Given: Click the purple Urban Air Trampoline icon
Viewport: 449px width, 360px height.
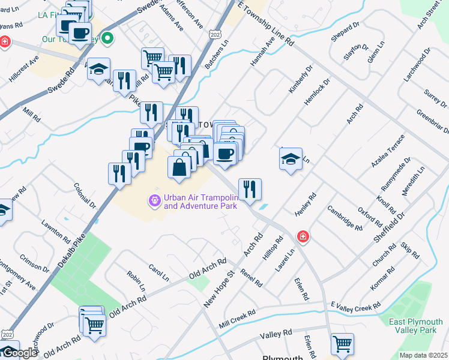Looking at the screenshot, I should [155, 200].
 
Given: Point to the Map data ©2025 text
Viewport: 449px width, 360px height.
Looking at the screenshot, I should [423, 355].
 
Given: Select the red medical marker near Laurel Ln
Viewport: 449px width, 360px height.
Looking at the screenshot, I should [303, 236].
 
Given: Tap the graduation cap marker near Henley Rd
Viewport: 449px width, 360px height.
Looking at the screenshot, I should [291, 160].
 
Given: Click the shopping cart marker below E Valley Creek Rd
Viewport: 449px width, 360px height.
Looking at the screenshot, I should [342, 344].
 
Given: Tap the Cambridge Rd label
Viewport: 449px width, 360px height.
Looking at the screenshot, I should [345, 218].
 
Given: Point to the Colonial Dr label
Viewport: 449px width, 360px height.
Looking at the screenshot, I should [85, 196].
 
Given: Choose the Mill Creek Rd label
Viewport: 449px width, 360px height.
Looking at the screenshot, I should [237, 319].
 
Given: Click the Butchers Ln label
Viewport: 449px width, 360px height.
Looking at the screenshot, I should [217, 55].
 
